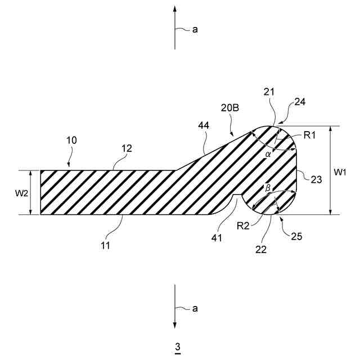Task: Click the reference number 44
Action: pyautogui.click(x=203, y=127)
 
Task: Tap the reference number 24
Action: pyautogui.click(x=300, y=102)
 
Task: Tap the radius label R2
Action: pyautogui.click(x=243, y=226)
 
